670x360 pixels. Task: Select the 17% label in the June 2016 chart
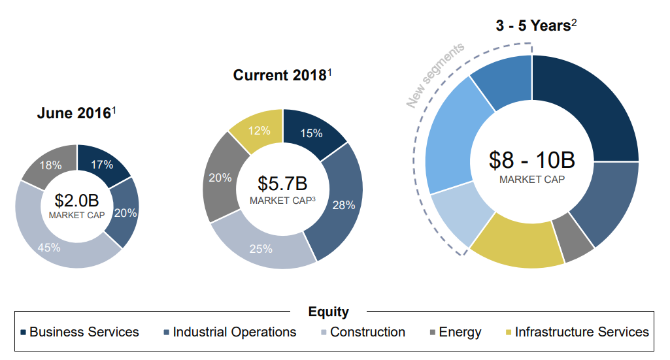tap(102, 165)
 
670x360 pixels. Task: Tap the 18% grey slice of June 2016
tap(51, 165)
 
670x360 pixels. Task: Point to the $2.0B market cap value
tap(76, 200)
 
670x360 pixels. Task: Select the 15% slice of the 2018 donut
tap(311, 133)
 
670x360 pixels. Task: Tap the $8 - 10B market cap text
tap(531, 159)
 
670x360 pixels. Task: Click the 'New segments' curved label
tap(435, 75)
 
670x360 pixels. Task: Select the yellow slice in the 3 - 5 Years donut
tap(516, 250)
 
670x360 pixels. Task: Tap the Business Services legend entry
tap(80, 332)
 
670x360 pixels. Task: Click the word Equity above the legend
tap(328, 312)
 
